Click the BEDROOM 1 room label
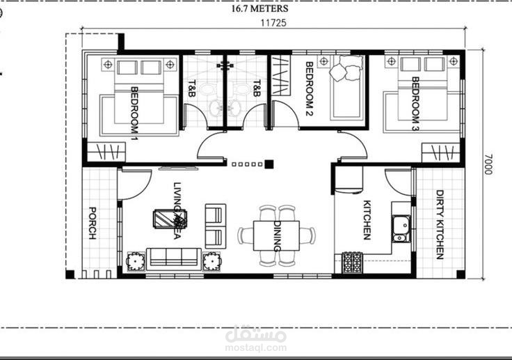coord(134,109)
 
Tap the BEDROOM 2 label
coord(310,88)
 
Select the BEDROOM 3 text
coord(415,104)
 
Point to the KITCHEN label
coord(367,220)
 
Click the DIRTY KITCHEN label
coord(440,225)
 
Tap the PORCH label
coord(93,223)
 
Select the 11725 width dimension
coord(273,23)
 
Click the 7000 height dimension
coord(488,164)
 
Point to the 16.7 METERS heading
coord(260,8)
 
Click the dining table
coord(277,236)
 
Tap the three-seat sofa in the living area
coord(174,259)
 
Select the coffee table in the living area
coord(170,219)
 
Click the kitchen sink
coord(401,228)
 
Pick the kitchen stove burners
coord(352,263)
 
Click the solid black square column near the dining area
coord(269,164)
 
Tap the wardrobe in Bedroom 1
coord(106,152)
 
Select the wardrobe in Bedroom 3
coord(441,152)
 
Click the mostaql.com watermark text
coord(256,347)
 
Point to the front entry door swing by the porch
coord(134,185)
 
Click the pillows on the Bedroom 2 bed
coord(346,68)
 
